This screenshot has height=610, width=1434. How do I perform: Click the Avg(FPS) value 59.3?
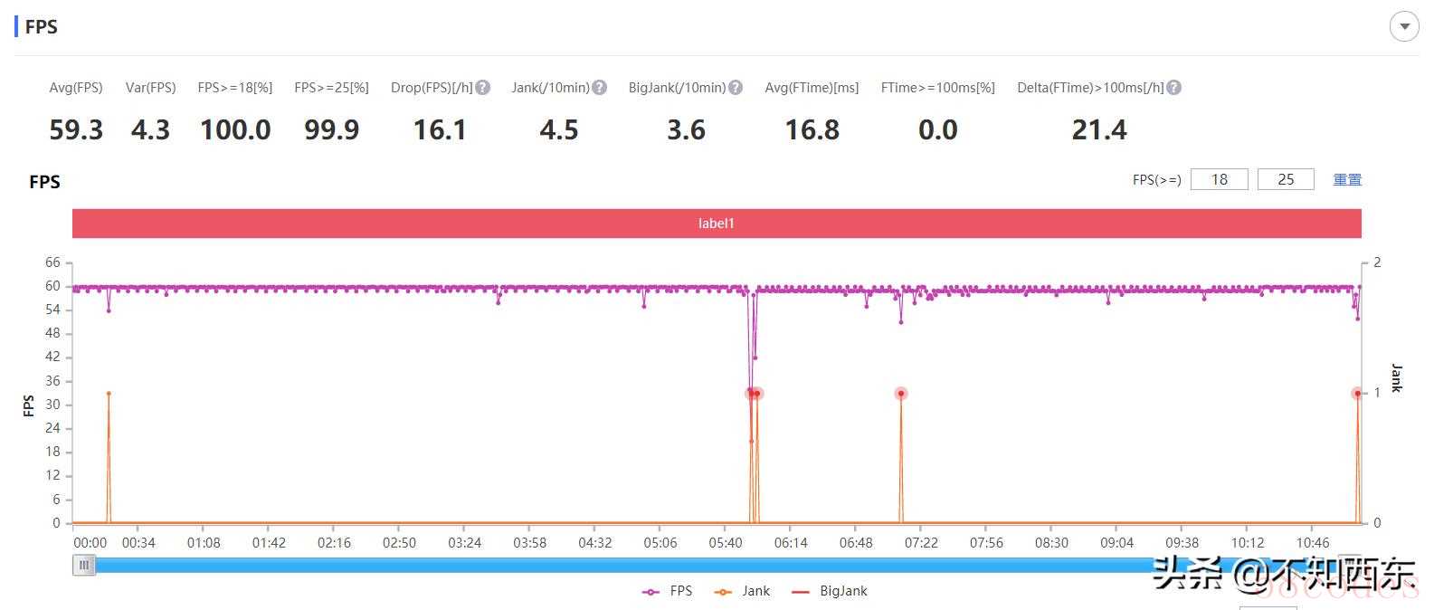[x=76, y=130]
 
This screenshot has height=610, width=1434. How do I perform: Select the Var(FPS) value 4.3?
[x=150, y=130]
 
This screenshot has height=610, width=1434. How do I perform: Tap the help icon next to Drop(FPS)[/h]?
[x=483, y=88]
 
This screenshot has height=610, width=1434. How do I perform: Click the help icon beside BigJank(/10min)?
[x=736, y=88]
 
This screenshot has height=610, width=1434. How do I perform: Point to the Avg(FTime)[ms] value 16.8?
[x=812, y=130]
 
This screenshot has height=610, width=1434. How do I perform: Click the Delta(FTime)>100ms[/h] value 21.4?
[x=1099, y=130]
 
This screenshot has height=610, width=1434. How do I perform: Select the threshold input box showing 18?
[x=1219, y=179]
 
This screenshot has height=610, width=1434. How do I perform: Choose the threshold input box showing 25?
[x=1286, y=179]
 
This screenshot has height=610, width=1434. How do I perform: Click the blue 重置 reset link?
[x=1347, y=179]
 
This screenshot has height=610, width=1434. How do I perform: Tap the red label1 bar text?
[x=717, y=224]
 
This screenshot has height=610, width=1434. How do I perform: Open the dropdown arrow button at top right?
[x=1404, y=26]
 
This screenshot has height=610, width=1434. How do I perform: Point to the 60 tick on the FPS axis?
[x=52, y=286]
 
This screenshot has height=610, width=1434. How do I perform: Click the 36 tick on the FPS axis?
[x=52, y=381]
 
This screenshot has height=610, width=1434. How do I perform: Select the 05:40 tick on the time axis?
[x=725, y=543]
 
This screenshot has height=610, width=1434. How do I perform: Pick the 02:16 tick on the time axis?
[x=334, y=543]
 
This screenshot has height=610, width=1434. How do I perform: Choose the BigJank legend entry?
[x=830, y=591]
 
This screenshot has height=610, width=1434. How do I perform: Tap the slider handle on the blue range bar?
[x=84, y=566]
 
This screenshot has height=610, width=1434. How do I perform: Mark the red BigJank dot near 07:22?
[x=901, y=394]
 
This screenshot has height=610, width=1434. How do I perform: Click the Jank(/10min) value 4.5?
[x=558, y=130]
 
